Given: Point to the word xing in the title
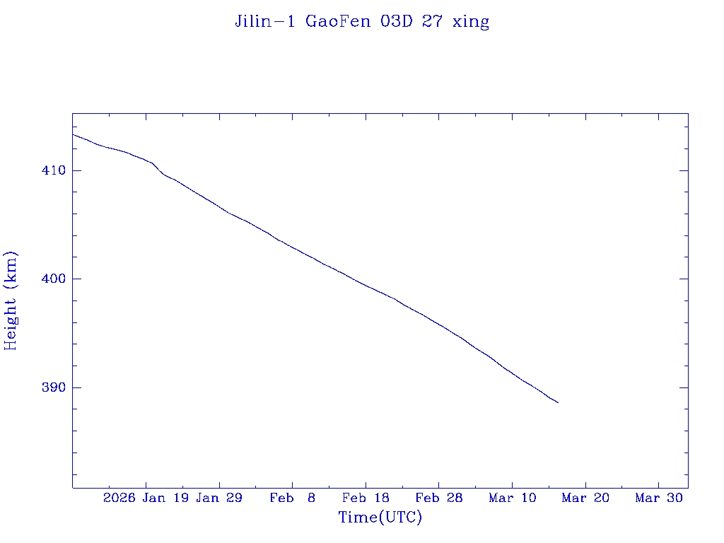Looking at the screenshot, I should [472, 22].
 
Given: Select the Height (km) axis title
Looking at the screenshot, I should [11, 300].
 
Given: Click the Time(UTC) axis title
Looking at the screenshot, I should [380, 518].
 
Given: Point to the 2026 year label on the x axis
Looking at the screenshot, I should [119, 498].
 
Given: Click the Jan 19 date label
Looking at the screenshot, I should [165, 498].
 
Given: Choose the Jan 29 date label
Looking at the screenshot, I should [219, 498].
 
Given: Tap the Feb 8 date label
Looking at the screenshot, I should [293, 498].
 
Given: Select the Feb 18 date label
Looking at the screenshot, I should [366, 498].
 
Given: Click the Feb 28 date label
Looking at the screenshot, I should [439, 498].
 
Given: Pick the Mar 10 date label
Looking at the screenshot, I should [513, 498].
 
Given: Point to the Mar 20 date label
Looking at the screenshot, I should [585, 498].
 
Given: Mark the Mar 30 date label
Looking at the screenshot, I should [659, 498].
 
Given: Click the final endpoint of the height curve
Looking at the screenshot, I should [558, 402].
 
